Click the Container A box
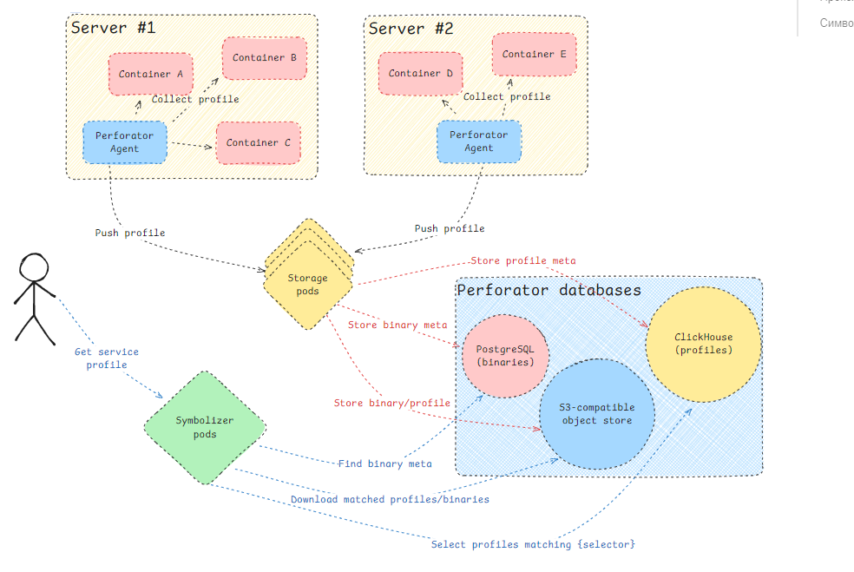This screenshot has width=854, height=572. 151,75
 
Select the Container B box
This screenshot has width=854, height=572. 265,58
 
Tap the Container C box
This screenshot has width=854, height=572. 253,143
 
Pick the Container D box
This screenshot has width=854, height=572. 420,74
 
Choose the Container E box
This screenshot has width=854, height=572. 534,55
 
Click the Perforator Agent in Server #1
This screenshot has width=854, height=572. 124,141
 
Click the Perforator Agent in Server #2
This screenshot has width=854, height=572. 478,141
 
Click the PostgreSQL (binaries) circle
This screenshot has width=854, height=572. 505,355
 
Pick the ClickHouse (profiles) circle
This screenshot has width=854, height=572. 703,343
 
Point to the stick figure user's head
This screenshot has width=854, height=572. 35,266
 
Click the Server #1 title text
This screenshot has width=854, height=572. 113,28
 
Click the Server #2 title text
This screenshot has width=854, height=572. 411,29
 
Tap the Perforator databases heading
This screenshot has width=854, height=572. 549,290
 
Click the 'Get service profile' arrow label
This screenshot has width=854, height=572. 106,358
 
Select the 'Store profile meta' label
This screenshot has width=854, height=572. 522,260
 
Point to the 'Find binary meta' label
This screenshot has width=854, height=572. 384,464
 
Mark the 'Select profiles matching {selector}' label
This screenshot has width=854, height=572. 533,544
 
